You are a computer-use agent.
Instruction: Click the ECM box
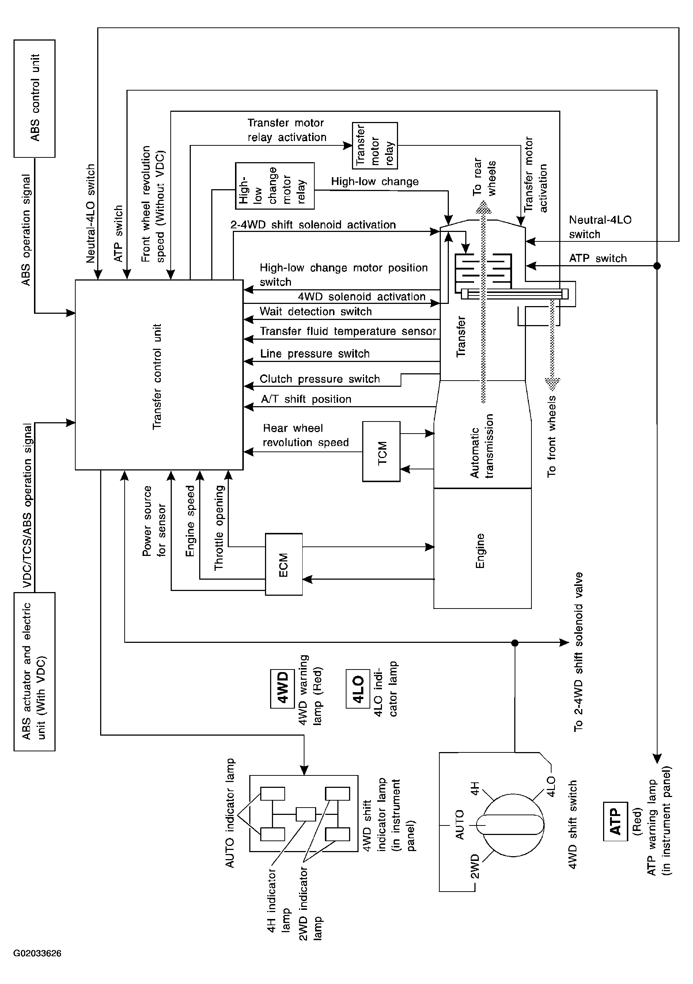click(284, 564)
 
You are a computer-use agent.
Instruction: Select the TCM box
click(381, 451)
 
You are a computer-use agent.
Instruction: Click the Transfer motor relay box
click(375, 146)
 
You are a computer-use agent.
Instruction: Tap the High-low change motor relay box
click(275, 186)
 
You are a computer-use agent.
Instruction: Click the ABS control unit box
click(34, 99)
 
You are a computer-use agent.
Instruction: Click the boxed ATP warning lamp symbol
click(616, 821)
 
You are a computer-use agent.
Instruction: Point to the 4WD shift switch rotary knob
click(513, 825)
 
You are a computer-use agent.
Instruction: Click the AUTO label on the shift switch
click(459, 825)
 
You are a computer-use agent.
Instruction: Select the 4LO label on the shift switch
click(551, 786)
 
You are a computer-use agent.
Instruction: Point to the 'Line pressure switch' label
click(315, 354)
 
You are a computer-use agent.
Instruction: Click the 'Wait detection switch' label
click(316, 312)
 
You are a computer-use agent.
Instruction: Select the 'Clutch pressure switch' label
click(320, 379)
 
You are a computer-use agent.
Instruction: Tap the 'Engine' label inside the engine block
click(480, 551)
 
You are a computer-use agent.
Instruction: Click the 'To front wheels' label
click(552, 436)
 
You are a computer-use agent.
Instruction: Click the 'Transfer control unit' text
click(157, 376)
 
